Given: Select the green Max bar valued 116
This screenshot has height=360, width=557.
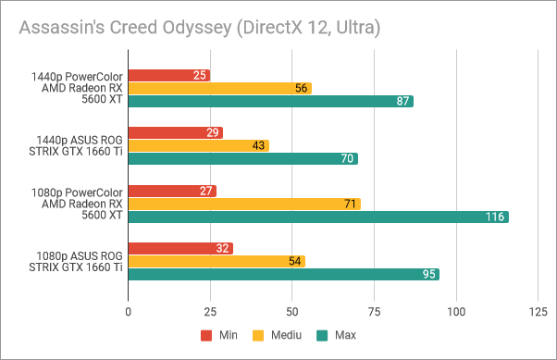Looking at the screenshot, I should pyautogui.click(x=317, y=217).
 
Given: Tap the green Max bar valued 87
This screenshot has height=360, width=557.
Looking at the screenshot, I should pyautogui.click(x=270, y=101).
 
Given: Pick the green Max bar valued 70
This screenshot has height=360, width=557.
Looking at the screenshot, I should pyautogui.click(x=242, y=158).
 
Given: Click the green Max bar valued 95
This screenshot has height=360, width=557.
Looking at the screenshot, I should pyautogui.click(x=283, y=274).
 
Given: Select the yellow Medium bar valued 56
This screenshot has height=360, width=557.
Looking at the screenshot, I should pyautogui.click(x=219, y=88).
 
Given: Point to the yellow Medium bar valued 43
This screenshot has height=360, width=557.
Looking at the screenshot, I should pyautogui.click(x=198, y=145).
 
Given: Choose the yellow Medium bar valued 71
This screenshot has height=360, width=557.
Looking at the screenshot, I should pyautogui.click(x=243, y=204).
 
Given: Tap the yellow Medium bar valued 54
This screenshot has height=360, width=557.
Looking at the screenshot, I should pyautogui.click(x=216, y=261).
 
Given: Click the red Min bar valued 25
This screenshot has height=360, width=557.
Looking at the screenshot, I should pyautogui.click(x=168, y=75).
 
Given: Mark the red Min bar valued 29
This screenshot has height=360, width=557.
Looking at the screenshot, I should pyautogui.click(x=175, y=133).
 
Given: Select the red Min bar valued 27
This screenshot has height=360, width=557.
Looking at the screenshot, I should pyautogui.click(x=172, y=191).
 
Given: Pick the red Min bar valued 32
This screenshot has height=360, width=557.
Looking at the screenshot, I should pyautogui.click(x=179, y=248).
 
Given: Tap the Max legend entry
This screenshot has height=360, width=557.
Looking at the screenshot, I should pyautogui.click(x=335, y=335).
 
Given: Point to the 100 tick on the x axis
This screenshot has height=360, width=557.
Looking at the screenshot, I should pyautogui.click(x=455, y=314).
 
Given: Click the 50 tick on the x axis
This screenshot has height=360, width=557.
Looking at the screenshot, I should pyautogui.click(x=291, y=314).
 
